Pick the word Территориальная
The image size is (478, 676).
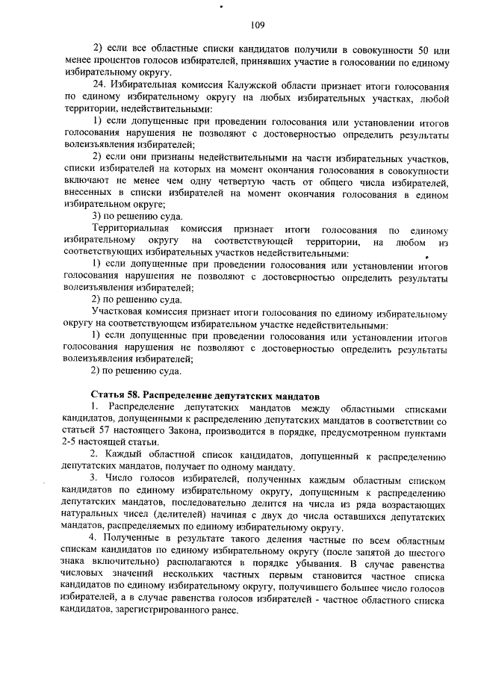pos(126,229)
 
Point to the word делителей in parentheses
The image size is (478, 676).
pos(207,515)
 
